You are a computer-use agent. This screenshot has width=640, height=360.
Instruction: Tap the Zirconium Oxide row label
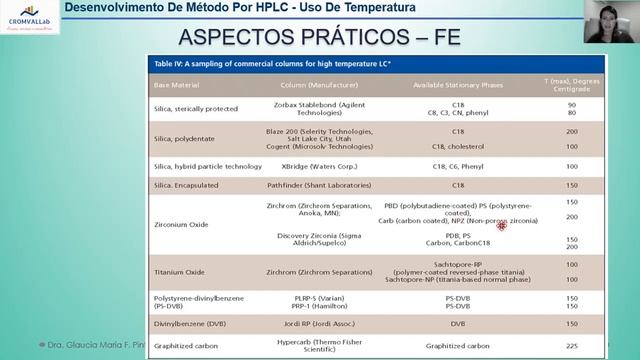(x=180, y=225)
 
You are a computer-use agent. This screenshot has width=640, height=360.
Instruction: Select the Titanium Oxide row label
(x=178, y=271)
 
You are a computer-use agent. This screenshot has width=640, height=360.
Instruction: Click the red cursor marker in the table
(x=501, y=226)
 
